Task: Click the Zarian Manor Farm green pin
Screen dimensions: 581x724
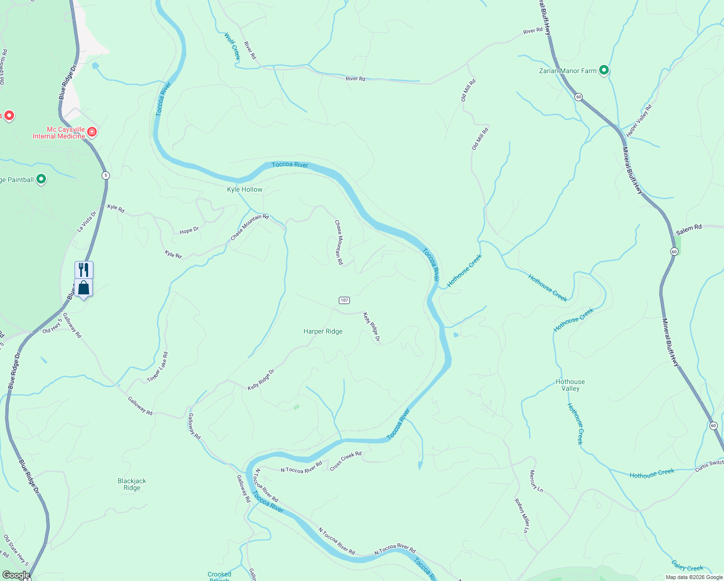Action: click(x=603, y=70)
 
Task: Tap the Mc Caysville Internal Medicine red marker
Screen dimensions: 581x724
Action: click(x=92, y=132)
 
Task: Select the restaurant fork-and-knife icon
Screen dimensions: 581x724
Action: click(x=84, y=269)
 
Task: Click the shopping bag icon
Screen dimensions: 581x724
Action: click(x=84, y=288)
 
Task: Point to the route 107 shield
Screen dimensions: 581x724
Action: click(x=344, y=300)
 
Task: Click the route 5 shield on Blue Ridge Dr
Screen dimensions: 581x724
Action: click(x=106, y=175)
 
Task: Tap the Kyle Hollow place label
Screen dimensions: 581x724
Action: click(x=245, y=189)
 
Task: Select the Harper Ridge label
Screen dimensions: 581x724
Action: click(x=323, y=331)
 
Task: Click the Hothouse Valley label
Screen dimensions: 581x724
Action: click(x=570, y=385)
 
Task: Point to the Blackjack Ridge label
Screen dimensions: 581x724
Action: click(x=132, y=484)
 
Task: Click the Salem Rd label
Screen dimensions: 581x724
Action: click(x=689, y=229)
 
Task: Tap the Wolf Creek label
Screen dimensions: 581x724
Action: click(x=232, y=46)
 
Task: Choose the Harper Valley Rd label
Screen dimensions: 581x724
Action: click(x=639, y=121)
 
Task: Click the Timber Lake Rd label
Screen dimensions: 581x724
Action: click(x=158, y=367)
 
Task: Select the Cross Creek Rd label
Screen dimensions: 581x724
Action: click(x=346, y=461)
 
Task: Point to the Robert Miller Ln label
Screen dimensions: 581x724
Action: click(x=522, y=516)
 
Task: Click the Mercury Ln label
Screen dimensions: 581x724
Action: click(x=536, y=481)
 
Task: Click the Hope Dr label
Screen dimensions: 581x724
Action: click(x=189, y=230)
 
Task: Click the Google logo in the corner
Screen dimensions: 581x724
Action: click(x=16, y=575)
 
